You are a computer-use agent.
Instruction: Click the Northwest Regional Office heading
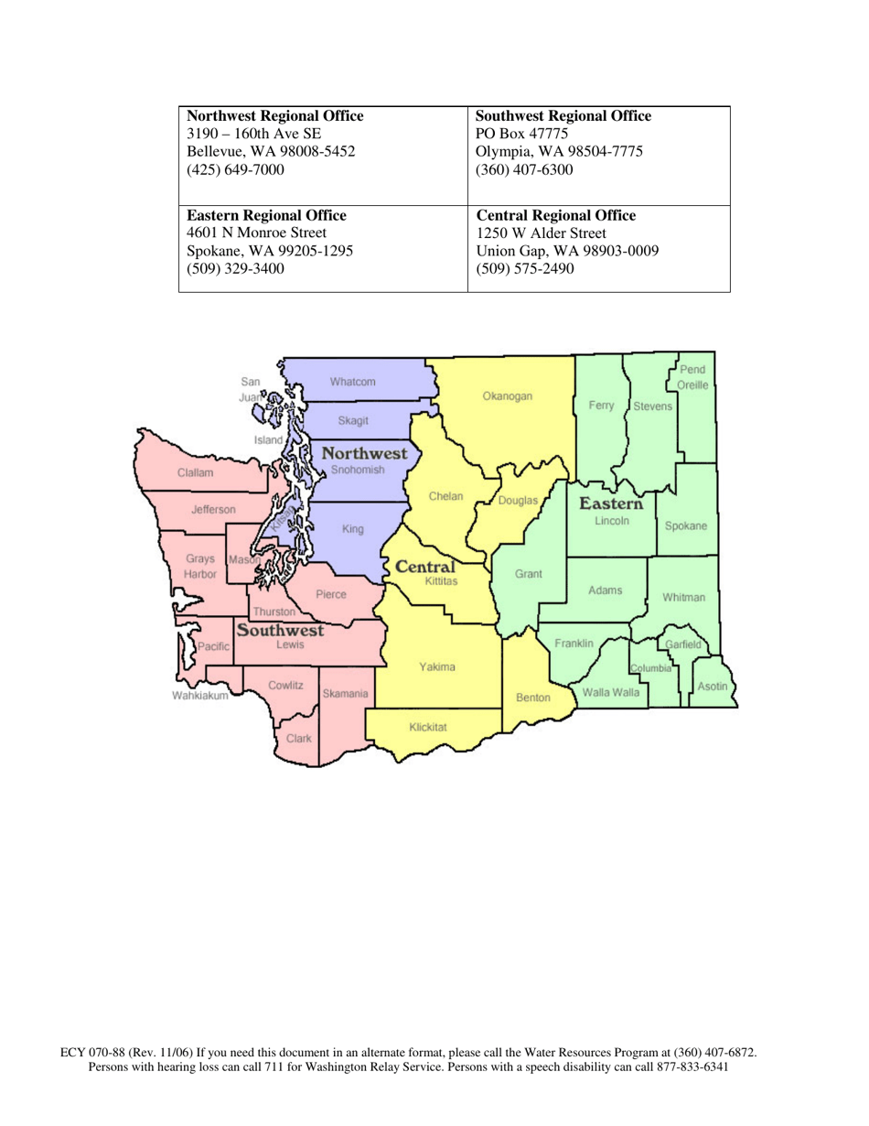pyautogui.click(x=275, y=116)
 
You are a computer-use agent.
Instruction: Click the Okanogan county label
pyautogui.click(x=507, y=397)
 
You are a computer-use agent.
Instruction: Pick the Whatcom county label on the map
pyautogui.click(x=353, y=381)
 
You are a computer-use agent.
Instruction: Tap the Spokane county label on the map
pyautogui.click(x=685, y=525)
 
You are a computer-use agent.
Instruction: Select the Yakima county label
pyautogui.click(x=437, y=666)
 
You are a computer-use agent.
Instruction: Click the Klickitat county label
pyautogui.click(x=428, y=727)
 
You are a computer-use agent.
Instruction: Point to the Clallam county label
pyautogui.click(x=196, y=473)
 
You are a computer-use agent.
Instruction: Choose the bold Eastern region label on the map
pyautogui.click(x=611, y=503)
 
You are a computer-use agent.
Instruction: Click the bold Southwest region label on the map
pyautogui.click(x=280, y=630)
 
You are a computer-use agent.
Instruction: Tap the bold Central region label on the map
pyautogui.click(x=425, y=567)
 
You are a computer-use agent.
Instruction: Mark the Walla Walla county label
pyautogui.click(x=611, y=692)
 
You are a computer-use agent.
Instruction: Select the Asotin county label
pyautogui.click(x=713, y=686)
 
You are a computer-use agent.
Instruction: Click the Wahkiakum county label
pyautogui.click(x=199, y=696)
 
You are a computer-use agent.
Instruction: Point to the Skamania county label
pyautogui.click(x=346, y=694)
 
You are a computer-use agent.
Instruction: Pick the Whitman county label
pyautogui.click(x=684, y=597)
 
